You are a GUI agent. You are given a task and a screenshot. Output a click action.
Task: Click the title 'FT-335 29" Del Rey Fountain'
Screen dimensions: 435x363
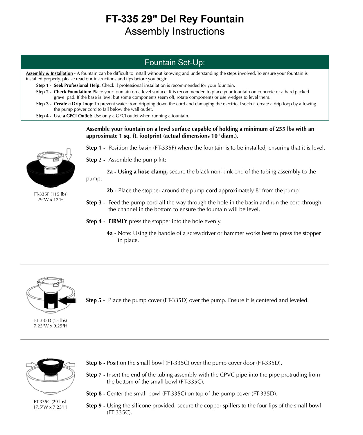(175, 19)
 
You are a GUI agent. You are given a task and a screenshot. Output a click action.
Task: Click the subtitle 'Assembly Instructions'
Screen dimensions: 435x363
(175, 31)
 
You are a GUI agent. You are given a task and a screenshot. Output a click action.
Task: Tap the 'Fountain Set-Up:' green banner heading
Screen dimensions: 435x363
(175, 62)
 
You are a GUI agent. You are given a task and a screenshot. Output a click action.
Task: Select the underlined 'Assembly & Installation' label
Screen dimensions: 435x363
(49, 73)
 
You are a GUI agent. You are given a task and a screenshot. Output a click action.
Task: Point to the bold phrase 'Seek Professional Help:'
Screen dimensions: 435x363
(77, 85)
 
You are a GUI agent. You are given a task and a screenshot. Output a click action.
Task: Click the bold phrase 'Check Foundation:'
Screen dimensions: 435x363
(72, 92)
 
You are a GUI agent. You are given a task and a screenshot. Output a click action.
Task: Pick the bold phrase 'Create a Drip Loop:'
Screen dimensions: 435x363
(73, 104)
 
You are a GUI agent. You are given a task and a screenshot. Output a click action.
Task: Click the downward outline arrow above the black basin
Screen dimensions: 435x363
(69, 154)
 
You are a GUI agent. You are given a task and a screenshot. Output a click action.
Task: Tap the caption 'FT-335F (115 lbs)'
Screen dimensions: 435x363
(51, 194)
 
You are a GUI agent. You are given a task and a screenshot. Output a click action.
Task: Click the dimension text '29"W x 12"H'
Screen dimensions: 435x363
(51, 200)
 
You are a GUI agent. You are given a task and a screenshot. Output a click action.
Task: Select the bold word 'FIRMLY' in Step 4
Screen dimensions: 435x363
(118, 221)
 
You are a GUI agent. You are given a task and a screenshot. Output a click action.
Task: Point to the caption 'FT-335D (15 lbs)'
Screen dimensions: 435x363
(51, 320)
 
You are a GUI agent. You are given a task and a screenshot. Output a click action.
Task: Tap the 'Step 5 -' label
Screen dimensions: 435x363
(96, 300)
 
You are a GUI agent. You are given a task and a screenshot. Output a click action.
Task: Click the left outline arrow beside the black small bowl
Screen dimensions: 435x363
(31, 365)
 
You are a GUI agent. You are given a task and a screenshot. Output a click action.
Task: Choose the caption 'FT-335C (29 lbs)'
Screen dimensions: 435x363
(50, 402)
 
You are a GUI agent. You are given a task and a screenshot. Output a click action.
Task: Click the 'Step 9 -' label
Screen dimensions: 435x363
(96, 406)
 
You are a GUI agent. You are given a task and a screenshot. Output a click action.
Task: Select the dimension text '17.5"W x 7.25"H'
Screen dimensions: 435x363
(50, 407)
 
